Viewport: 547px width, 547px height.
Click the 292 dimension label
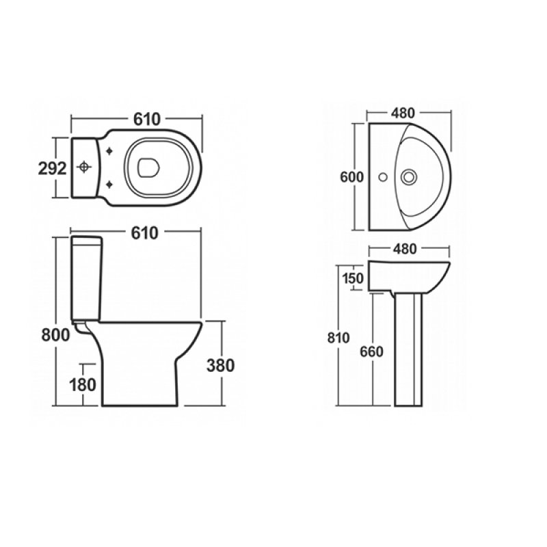tap(52, 169)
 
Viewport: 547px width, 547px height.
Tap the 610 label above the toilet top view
tap(147, 119)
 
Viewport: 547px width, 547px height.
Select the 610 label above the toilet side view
tap(145, 233)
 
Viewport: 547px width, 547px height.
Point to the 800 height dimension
tap(56, 335)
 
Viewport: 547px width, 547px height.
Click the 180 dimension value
tap(83, 385)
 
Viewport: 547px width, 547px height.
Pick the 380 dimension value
tap(220, 366)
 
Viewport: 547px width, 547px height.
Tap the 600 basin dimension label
tap(351, 177)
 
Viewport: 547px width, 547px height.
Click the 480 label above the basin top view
tap(403, 113)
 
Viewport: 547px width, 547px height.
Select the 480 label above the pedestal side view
tap(405, 249)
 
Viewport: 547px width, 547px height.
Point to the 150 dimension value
tap(353, 278)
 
